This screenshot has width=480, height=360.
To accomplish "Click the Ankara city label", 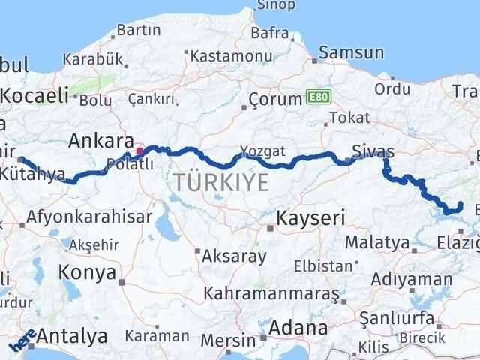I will click(100, 140).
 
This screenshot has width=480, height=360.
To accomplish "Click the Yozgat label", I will click(262, 150).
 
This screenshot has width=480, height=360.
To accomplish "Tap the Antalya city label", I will click(72, 337).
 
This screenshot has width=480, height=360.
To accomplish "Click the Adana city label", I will click(299, 328).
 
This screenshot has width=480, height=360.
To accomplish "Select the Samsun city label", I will click(352, 53).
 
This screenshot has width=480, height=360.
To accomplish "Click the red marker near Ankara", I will click(139, 151).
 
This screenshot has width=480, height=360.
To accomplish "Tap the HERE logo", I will click(22, 342).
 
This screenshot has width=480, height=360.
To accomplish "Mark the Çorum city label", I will click(275, 99).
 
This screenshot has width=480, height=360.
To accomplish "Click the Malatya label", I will click(378, 244).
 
